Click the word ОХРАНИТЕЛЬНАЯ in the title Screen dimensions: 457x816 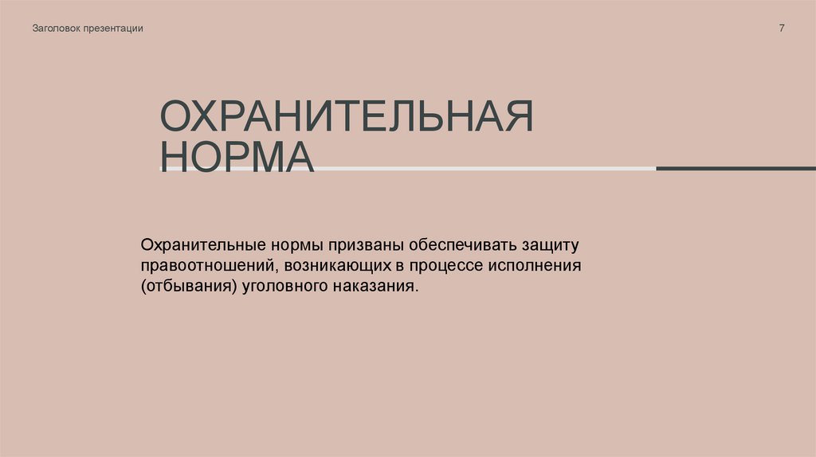[x=347, y=116]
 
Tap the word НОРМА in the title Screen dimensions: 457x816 [x=237, y=155]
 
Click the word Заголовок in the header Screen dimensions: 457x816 [x=57, y=29]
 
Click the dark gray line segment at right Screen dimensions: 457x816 [x=735, y=168]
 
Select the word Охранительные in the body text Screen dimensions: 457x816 [x=198, y=241]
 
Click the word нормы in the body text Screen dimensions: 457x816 [x=292, y=241]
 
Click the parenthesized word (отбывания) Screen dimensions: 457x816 [x=188, y=286]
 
